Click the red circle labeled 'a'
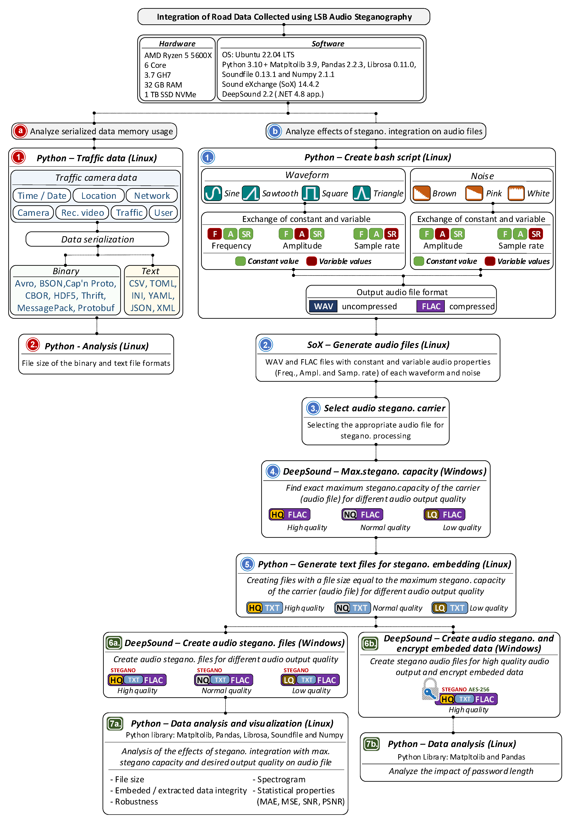click(x=20, y=131)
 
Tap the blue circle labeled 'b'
click(x=275, y=131)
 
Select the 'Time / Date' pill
click(x=42, y=196)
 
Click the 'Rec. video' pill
click(x=82, y=213)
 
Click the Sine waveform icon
click(x=213, y=193)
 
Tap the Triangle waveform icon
click(x=361, y=193)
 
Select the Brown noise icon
click(x=422, y=193)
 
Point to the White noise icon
click(x=516, y=193)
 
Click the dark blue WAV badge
click(x=323, y=306)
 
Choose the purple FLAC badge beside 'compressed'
click(x=431, y=306)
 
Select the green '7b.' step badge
click(x=371, y=744)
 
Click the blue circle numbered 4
click(x=273, y=472)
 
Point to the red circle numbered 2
click(x=33, y=345)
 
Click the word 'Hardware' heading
click(x=177, y=44)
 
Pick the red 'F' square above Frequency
click(x=215, y=234)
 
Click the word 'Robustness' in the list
click(x=137, y=802)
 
